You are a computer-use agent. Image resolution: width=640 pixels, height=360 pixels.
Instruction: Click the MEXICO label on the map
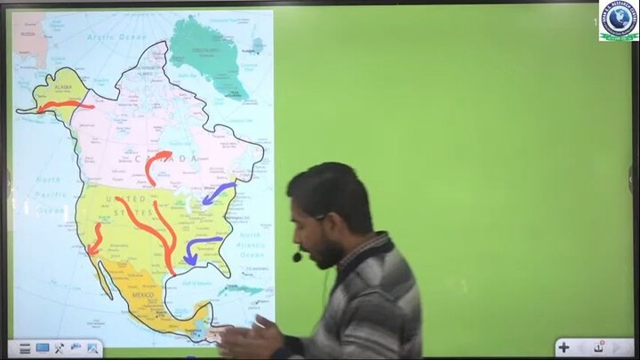point(144,294)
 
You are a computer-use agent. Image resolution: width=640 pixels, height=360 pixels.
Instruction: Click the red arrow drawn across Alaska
point(64,106)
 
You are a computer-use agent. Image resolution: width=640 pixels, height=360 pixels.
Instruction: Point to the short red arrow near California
point(93,238)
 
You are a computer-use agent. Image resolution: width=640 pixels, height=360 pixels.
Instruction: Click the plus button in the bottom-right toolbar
point(564,348)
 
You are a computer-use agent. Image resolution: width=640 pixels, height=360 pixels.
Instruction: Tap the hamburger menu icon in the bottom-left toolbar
point(24,348)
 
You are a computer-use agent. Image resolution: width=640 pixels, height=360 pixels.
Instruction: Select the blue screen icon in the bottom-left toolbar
point(42,348)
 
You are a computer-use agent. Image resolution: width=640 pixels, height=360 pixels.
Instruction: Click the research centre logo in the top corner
point(619,20)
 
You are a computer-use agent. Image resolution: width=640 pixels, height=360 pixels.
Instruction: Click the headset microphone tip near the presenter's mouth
point(297,258)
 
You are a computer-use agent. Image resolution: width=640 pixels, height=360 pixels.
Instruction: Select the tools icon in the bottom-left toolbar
point(60,348)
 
